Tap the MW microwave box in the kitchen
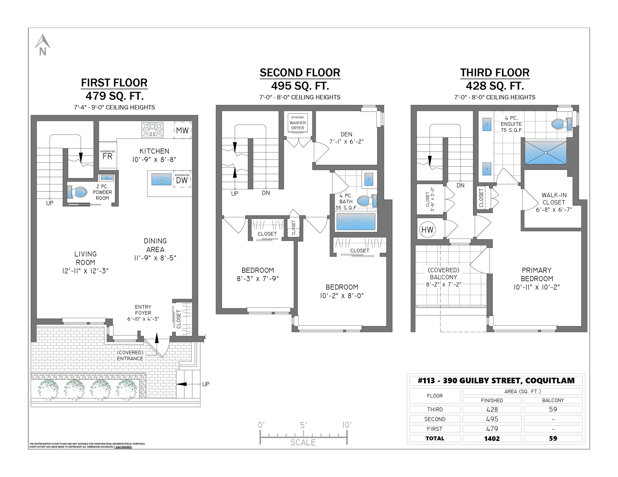point(182,130)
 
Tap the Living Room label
point(85,262)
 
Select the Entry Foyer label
point(143,313)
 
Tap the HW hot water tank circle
point(427,230)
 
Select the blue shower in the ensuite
point(546,153)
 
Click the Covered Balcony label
point(444,277)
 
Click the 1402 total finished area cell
point(492,438)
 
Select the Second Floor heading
point(300,73)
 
